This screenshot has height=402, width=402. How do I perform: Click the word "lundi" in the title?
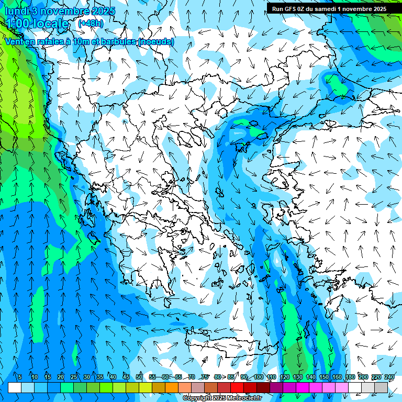19,10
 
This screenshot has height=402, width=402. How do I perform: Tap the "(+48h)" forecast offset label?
91,23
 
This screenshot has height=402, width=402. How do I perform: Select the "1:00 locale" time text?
37,24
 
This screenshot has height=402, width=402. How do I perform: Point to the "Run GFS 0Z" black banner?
329,8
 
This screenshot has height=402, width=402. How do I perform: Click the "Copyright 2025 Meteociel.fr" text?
222,398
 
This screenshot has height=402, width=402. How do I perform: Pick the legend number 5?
20,377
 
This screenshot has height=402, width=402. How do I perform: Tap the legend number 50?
139,377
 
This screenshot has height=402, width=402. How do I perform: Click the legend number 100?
259,377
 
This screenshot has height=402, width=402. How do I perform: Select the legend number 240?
389,377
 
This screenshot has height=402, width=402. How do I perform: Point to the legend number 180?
350,377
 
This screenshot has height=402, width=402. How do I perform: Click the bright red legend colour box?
237,387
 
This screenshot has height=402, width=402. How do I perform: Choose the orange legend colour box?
172,387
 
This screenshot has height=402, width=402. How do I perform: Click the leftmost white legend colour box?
15,387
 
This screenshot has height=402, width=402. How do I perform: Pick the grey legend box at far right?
381,387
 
